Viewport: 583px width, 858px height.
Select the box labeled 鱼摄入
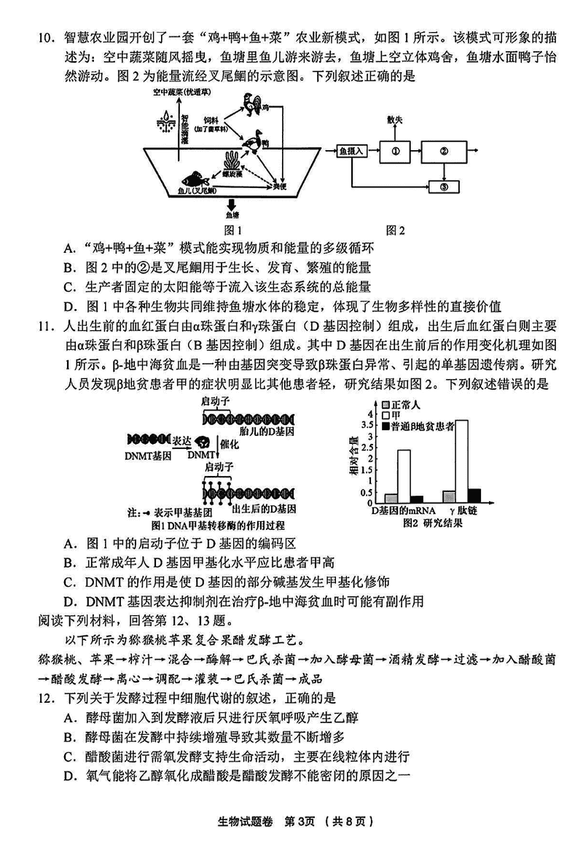(351, 152)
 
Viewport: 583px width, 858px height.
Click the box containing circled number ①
(396, 152)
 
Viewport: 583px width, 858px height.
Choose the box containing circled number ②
(444, 152)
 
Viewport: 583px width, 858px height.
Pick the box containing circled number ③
(444, 187)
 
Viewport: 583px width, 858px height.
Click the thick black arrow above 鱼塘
(232, 205)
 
